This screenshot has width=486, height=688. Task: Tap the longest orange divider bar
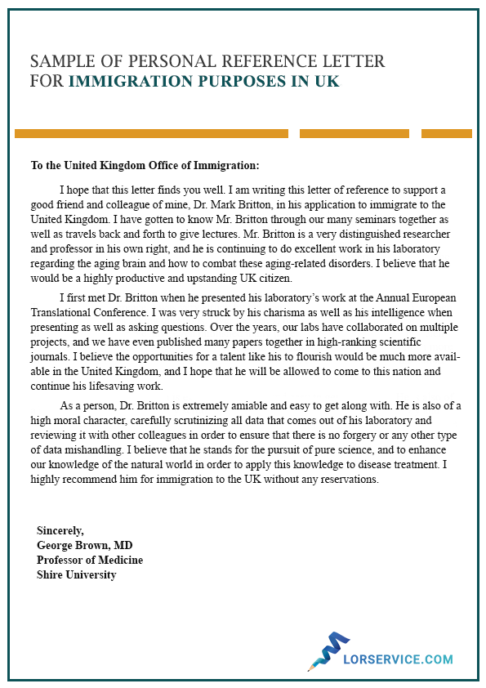click(x=151, y=133)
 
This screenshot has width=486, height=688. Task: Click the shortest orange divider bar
click(x=446, y=133)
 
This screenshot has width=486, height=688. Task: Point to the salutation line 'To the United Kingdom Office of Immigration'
click(x=145, y=165)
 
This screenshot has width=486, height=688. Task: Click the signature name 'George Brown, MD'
click(x=85, y=545)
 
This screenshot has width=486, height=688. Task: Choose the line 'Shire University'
click(x=77, y=574)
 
